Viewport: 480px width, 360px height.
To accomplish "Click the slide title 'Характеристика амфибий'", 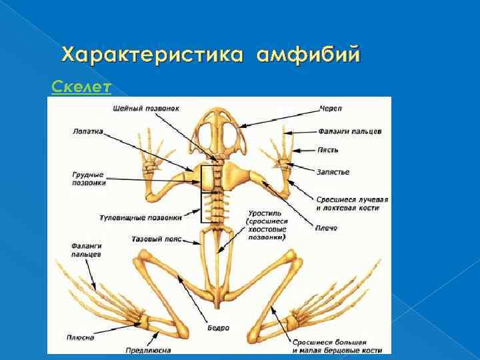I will tap(211, 55).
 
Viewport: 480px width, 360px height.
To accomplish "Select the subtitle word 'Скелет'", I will tap(81, 87).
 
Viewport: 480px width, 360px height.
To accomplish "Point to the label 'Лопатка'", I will tap(88, 131).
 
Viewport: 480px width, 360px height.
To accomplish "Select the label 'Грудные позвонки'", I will tap(89, 178).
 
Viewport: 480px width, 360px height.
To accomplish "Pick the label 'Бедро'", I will tap(218, 328).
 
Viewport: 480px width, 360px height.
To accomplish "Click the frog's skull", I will tap(219, 131).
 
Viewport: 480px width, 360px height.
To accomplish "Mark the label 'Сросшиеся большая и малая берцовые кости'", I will tap(336, 345).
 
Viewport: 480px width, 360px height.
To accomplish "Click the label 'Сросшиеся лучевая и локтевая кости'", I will tap(353, 203).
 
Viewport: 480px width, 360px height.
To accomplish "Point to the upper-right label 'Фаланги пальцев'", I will tap(349, 131).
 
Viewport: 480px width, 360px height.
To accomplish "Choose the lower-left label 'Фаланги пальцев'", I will tap(87, 250).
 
